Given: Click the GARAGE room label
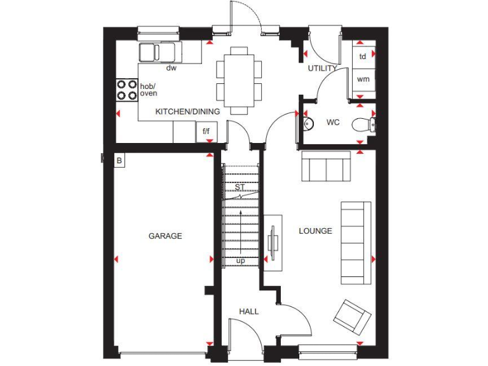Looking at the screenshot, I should [x=165, y=236].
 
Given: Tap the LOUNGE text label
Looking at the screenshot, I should [x=315, y=231].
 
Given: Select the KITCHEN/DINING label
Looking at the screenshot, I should [x=187, y=112].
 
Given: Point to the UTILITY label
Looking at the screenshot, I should [x=322, y=68].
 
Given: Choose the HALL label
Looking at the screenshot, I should [x=248, y=311].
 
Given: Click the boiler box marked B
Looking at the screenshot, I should [x=119, y=161].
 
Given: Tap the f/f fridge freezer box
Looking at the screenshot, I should [x=206, y=132].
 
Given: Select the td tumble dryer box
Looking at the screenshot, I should [x=363, y=56].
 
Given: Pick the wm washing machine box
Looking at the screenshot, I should [x=363, y=79].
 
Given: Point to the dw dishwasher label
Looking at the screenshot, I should [x=171, y=67].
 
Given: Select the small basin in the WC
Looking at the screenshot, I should [x=308, y=123].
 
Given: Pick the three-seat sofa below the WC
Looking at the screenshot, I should [x=325, y=166].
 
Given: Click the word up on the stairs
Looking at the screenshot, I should [x=241, y=261].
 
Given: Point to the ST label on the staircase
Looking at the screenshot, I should [x=240, y=187].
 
